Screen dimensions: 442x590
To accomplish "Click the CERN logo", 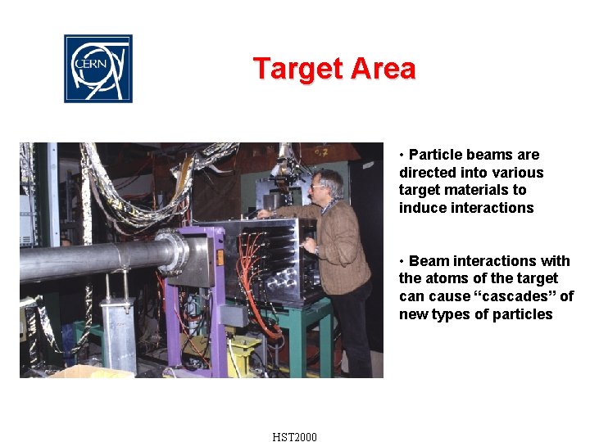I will coord(98,69).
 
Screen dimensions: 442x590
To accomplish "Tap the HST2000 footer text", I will coord(295,436).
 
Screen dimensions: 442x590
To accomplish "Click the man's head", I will coord(329,184).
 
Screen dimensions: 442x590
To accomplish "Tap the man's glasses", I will coord(317,187).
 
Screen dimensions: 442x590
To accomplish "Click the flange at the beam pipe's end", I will coord(175,251).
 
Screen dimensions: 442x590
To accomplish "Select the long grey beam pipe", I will coord(90,260).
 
